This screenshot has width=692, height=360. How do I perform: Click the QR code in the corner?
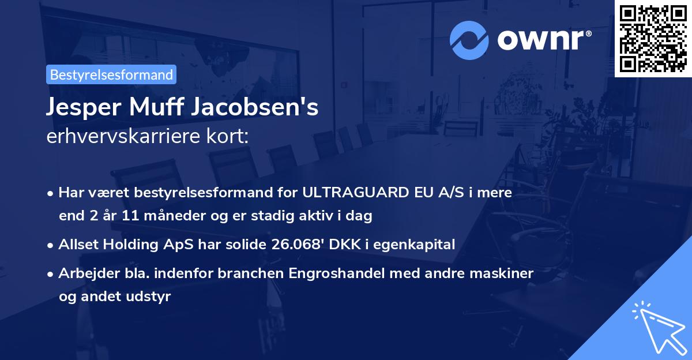click(653, 39)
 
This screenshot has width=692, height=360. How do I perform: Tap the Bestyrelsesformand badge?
click(111, 74)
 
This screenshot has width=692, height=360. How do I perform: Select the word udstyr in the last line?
click(152, 297)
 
